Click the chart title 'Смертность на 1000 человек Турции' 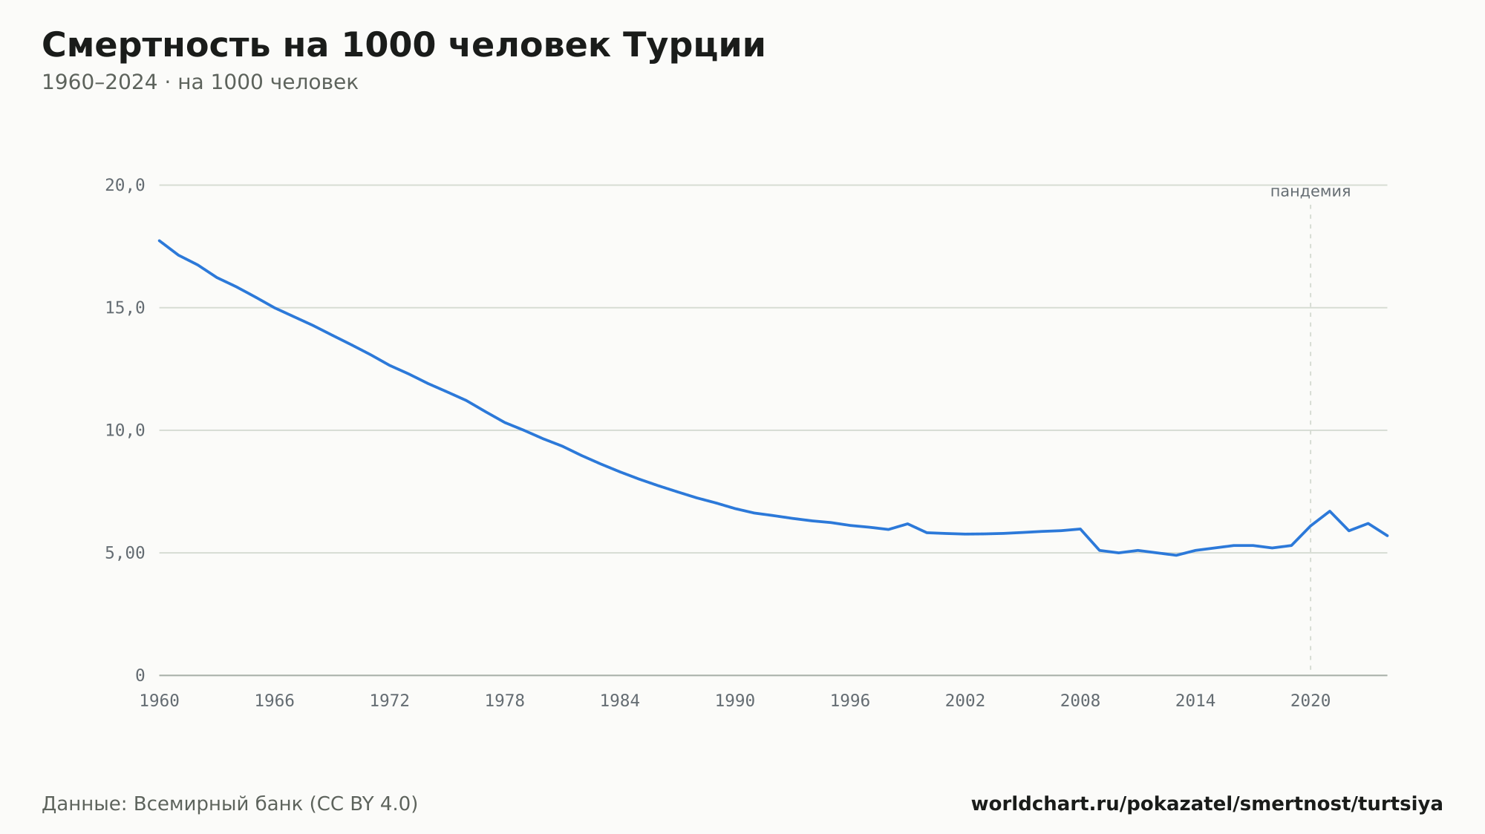[x=403, y=45]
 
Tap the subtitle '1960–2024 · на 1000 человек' [x=200, y=82]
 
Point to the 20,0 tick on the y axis [x=125, y=185]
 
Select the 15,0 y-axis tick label [x=125, y=308]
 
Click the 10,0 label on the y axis [x=125, y=430]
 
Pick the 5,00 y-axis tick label [x=125, y=553]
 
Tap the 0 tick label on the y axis [x=140, y=675]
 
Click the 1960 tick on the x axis [x=160, y=701]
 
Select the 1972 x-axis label [x=390, y=701]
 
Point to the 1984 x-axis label [x=620, y=701]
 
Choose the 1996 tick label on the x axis [x=850, y=701]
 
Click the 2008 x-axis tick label [x=1080, y=701]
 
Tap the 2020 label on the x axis [x=1311, y=701]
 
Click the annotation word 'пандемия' [x=1311, y=191]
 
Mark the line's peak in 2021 [x=1330, y=511]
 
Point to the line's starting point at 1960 [x=160, y=240]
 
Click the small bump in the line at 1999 [x=907, y=524]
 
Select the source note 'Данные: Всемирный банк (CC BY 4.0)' [x=229, y=804]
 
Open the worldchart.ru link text [x=1207, y=804]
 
